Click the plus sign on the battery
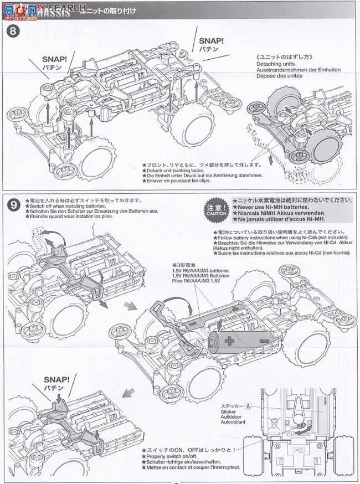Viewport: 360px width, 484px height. tap(228, 341)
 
